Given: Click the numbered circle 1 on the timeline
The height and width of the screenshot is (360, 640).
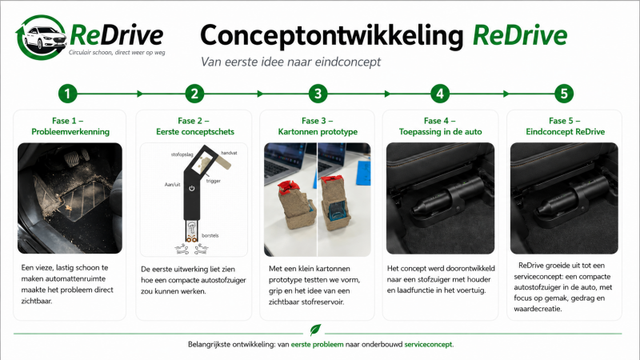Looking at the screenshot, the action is click(x=68, y=94).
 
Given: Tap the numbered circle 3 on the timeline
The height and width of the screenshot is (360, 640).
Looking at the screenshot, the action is click(x=318, y=94).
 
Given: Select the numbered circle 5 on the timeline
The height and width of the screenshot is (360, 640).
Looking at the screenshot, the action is click(x=564, y=94).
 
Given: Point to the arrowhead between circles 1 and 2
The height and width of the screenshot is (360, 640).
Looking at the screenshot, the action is click(x=140, y=94).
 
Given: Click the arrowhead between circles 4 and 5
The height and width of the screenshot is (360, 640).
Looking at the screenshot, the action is click(x=506, y=94).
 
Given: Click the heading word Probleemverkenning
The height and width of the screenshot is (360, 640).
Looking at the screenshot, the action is click(x=70, y=131).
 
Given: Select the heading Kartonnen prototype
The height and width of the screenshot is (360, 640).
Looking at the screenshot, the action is click(x=318, y=131).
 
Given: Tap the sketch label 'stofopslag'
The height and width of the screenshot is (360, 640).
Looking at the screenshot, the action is click(x=182, y=154).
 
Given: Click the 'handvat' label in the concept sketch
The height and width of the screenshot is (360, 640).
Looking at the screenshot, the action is click(x=229, y=153).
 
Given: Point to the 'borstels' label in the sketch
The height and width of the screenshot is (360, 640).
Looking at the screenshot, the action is click(x=210, y=235).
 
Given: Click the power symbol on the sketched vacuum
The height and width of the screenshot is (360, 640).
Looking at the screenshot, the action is click(x=192, y=188).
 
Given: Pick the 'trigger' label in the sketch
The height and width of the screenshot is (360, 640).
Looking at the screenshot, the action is click(x=214, y=181).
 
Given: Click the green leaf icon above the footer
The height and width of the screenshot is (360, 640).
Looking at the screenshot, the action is click(x=315, y=330).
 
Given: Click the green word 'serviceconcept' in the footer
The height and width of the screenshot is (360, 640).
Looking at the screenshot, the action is click(x=428, y=345).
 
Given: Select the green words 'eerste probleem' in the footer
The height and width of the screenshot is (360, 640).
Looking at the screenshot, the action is click(x=317, y=345).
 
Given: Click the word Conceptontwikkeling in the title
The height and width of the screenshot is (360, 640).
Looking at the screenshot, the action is click(x=331, y=35).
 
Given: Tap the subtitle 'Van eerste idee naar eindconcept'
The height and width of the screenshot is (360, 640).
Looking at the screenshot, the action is click(x=290, y=62).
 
